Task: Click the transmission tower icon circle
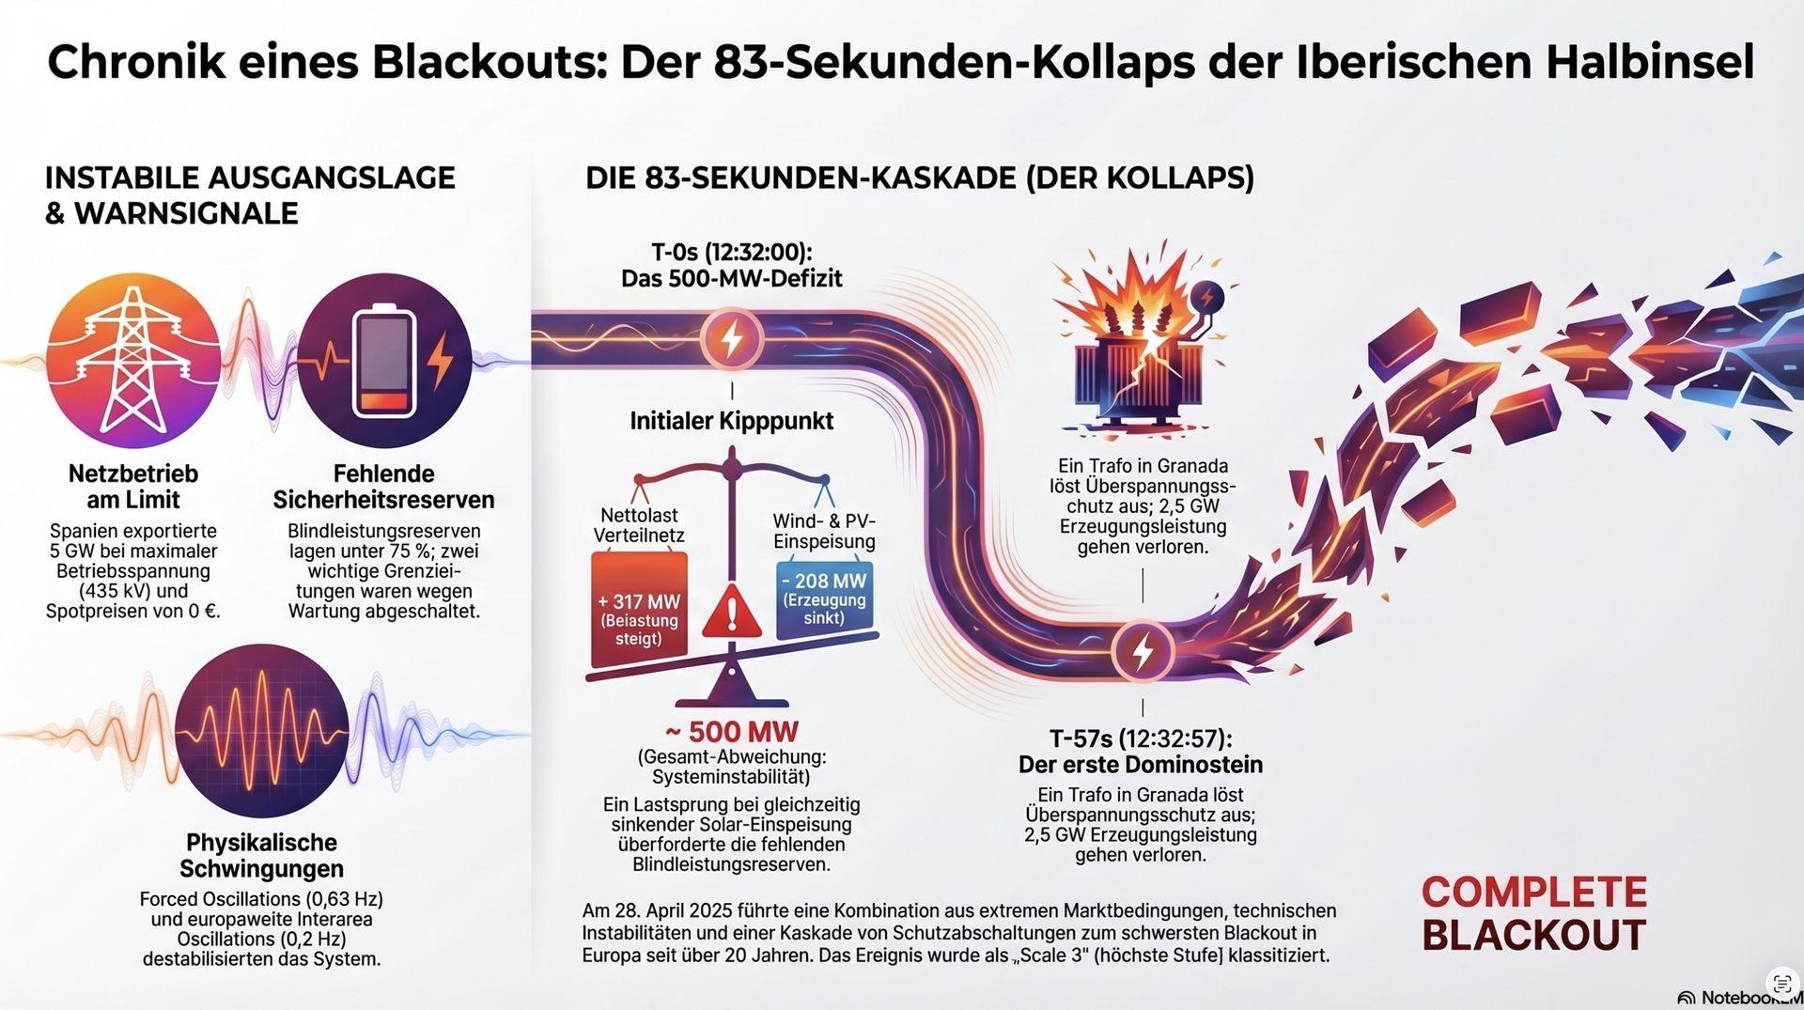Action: [x=132, y=360]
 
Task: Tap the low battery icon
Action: [x=384, y=362]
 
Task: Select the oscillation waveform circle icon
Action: [x=261, y=730]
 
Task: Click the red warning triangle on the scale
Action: [x=732, y=613]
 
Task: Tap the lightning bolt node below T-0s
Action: [x=732, y=338]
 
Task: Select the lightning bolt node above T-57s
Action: [x=1143, y=651]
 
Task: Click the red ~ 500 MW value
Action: [x=732, y=732]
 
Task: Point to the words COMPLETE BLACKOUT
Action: [x=1533, y=913]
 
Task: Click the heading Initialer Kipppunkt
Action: [x=731, y=421]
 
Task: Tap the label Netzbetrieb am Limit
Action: [x=133, y=487]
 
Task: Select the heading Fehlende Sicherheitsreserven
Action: [x=383, y=487]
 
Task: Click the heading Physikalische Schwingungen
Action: [x=261, y=855]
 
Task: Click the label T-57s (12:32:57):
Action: [x=1141, y=738]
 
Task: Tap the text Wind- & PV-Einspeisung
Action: [x=824, y=531]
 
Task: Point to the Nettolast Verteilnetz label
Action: [x=639, y=525]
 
